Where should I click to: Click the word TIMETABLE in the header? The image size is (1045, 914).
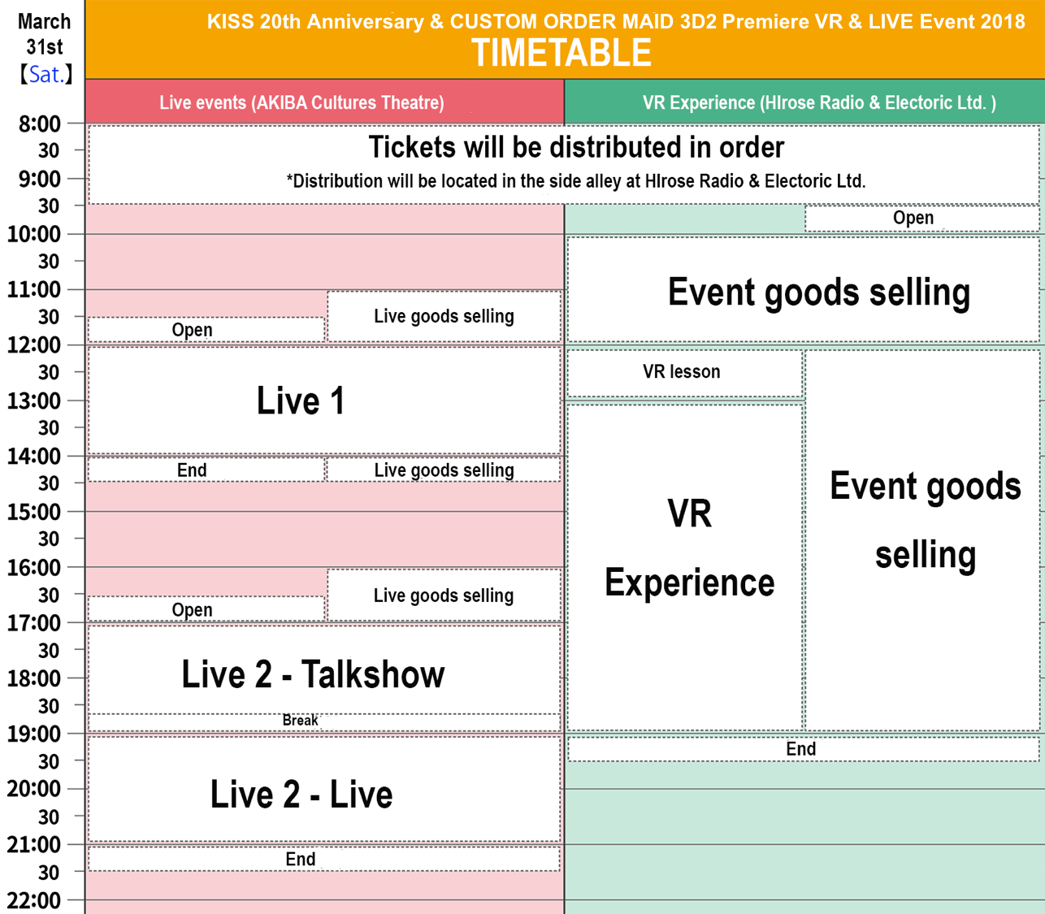[562, 53]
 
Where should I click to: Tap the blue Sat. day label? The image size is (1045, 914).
[46, 75]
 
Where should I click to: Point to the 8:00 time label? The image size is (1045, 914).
[39, 123]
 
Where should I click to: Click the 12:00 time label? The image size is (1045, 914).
[33, 345]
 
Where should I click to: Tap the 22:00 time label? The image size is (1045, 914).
[33, 900]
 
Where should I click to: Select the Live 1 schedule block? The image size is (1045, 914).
[324, 401]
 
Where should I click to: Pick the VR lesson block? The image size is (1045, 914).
[684, 372]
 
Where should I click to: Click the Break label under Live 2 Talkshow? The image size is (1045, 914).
[301, 720]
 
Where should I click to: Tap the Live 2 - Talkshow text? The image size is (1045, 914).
[313, 674]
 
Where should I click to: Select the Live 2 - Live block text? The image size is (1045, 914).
[301, 794]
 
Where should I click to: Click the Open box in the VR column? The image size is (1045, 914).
[922, 218]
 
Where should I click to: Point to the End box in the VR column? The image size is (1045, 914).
[804, 749]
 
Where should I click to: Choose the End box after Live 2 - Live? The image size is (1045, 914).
[324, 859]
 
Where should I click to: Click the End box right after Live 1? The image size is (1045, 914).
[206, 470]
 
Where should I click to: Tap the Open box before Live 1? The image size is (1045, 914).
[206, 330]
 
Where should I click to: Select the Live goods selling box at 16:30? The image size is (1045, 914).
[444, 595]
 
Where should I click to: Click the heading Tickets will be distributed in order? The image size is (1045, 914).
[576, 147]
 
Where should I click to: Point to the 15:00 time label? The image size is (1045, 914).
[33, 512]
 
